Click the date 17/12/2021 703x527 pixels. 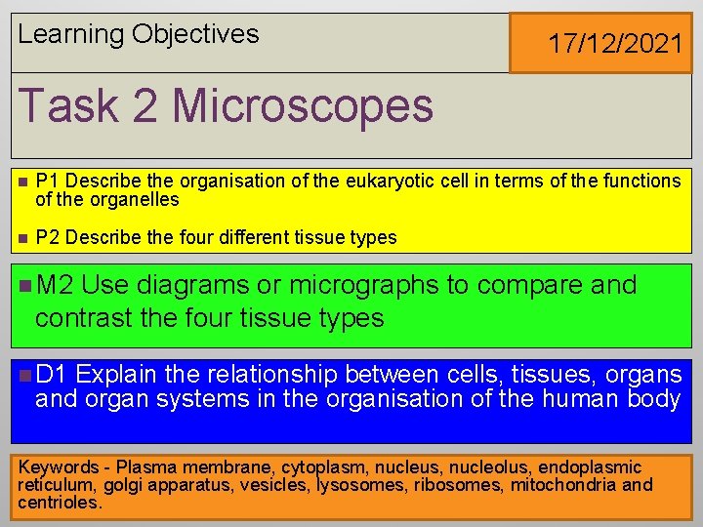click(x=614, y=43)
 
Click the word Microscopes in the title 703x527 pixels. click(x=303, y=105)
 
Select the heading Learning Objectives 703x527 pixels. click(x=139, y=34)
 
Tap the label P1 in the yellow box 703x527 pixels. click(x=47, y=182)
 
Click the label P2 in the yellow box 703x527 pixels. click(x=47, y=237)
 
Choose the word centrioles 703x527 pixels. click(x=59, y=503)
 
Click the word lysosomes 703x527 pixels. click(x=360, y=485)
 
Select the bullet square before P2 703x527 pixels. click(x=21, y=237)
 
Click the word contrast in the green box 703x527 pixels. click(x=88, y=318)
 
